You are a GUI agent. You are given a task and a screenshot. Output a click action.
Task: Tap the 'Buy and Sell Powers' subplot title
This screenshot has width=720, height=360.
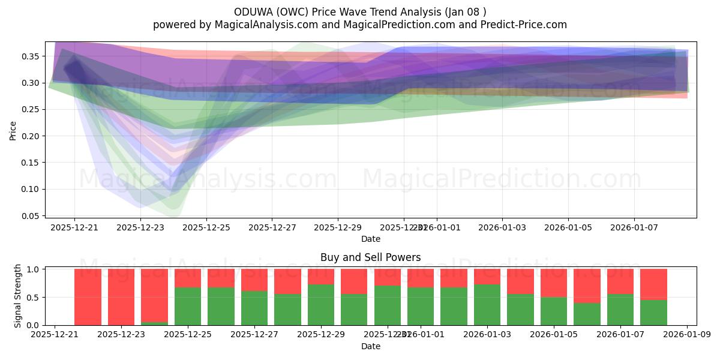370,257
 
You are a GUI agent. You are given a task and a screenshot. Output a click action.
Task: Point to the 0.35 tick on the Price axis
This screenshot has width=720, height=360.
31,56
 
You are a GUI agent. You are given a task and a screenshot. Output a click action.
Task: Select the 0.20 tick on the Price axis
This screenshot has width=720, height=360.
31,136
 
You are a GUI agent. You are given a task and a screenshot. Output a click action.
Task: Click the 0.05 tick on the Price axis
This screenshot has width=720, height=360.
31,216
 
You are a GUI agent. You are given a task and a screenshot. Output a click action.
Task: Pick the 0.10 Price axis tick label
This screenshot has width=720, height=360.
31,189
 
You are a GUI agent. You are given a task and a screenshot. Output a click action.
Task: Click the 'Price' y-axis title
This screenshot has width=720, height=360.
13,130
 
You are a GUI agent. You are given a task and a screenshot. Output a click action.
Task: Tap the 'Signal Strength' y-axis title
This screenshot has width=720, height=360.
18,296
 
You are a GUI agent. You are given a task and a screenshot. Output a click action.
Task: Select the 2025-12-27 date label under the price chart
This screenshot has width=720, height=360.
272,228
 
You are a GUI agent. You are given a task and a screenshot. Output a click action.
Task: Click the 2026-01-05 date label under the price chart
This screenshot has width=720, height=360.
568,228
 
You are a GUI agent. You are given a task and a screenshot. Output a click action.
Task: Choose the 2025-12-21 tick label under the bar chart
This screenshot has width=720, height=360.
55,335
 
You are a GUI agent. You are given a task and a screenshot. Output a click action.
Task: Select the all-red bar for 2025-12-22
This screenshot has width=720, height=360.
88,297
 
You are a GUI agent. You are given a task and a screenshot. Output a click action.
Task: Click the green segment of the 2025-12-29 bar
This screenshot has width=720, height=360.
320,305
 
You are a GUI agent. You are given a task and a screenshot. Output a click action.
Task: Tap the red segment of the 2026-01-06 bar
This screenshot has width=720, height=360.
587,286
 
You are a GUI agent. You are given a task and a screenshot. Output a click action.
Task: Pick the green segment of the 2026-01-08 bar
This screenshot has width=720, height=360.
653,313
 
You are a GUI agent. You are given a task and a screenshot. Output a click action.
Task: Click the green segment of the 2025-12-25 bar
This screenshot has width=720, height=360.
188,307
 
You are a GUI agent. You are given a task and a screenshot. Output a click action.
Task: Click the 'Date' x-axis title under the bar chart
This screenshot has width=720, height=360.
370,346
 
